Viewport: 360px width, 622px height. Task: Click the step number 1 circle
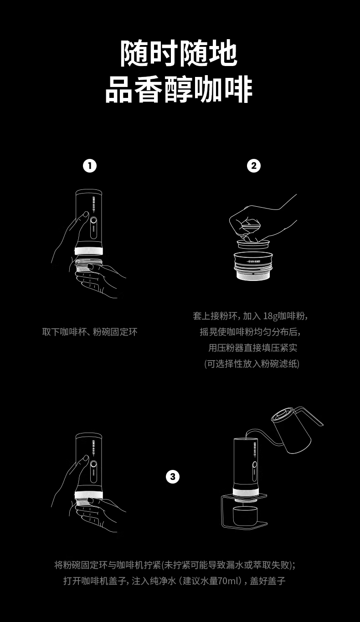point(90,166)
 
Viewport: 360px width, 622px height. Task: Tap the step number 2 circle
point(254,166)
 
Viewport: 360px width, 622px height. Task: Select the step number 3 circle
point(173,477)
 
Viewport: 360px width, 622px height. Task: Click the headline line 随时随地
point(179,54)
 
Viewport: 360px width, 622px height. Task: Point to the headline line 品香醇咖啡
point(179,89)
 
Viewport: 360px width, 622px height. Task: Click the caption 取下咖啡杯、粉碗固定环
point(90,332)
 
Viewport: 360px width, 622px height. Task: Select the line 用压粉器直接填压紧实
point(253,347)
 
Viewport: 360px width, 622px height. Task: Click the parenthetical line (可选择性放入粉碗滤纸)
point(252,363)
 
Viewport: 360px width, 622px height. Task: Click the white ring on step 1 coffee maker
point(89,251)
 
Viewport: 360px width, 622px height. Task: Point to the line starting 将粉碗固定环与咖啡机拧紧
point(175,565)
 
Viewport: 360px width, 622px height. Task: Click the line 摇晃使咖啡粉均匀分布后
point(250,332)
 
